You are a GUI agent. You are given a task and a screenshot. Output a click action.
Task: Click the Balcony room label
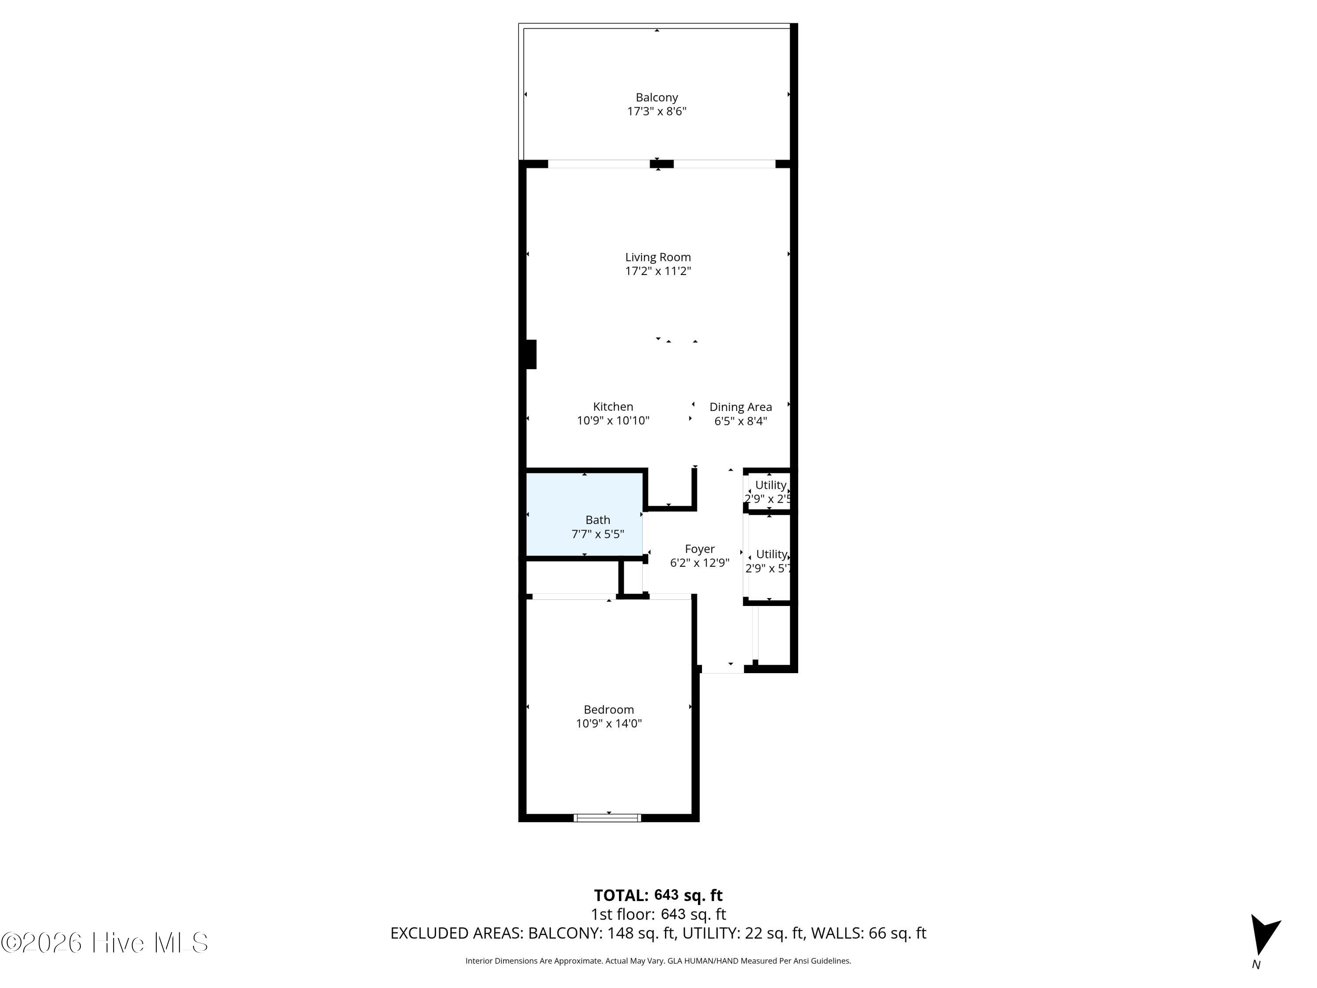click(x=657, y=97)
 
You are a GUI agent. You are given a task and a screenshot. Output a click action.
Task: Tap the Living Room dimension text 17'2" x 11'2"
click(x=658, y=271)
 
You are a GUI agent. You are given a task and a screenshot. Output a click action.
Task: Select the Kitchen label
click(x=613, y=407)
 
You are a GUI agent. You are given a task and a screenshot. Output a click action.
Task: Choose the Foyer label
click(x=700, y=549)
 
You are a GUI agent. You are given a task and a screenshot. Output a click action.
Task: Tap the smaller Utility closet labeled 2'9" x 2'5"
click(x=769, y=491)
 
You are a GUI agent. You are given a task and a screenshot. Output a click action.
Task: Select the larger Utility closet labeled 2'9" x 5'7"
click(x=769, y=557)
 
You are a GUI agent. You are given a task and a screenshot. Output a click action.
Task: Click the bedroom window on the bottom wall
click(x=607, y=818)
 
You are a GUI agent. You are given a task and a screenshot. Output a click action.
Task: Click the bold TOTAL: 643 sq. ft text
click(x=658, y=895)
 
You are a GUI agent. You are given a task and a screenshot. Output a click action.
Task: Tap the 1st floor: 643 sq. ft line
click(x=658, y=914)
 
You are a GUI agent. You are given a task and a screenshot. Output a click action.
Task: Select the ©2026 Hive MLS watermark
click(x=105, y=943)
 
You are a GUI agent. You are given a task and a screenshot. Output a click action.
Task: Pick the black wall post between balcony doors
click(x=662, y=164)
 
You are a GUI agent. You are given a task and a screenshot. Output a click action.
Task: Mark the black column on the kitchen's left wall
click(x=531, y=354)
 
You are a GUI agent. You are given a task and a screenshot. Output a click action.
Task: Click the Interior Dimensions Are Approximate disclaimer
click(x=658, y=961)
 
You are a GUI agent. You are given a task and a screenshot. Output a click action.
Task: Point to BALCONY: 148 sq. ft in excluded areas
click(x=602, y=933)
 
